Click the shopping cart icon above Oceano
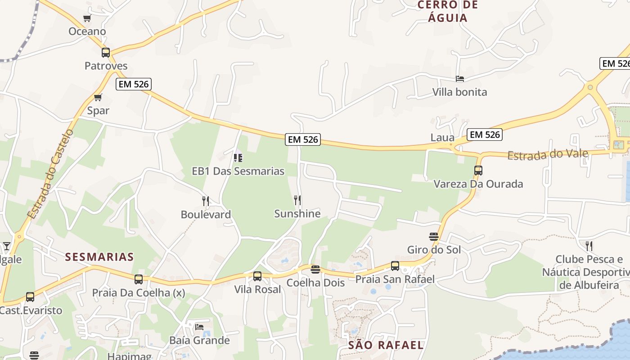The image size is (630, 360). coord(87,18)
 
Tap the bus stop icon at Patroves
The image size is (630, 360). coord(106,53)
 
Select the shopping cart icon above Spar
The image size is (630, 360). coord(98,97)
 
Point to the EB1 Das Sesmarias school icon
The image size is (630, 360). coord(238,158)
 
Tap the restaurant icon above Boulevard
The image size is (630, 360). coord(206,201)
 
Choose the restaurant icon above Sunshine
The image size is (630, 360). coord(297,200)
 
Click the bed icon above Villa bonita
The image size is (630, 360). coord(459,79)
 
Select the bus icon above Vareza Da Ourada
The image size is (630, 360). coord(478,171)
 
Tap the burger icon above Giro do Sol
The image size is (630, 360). coord(434,237)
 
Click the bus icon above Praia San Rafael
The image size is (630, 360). coord(395,266)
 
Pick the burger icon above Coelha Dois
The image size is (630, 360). coord(315,270)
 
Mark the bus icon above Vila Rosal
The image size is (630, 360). coord(257,276)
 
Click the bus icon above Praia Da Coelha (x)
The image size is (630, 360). coord(139,279)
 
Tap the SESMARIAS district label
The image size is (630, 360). coord(99,257)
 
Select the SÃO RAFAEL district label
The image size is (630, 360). coord(386,345)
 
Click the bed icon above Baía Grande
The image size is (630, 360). coord(199,327)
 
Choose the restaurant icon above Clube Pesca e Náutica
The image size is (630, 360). coord(589,246)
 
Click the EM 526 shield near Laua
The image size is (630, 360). coord(485,135)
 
